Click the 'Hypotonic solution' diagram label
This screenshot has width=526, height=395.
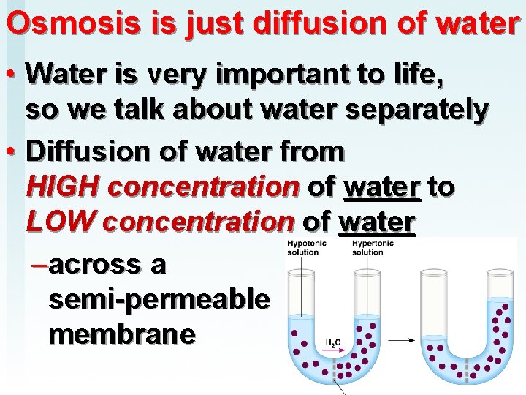[x=302, y=248]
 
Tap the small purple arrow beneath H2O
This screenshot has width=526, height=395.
[x=332, y=352]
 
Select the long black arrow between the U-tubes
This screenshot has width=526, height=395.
[x=401, y=339]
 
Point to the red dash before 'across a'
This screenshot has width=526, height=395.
[x=41, y=264]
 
